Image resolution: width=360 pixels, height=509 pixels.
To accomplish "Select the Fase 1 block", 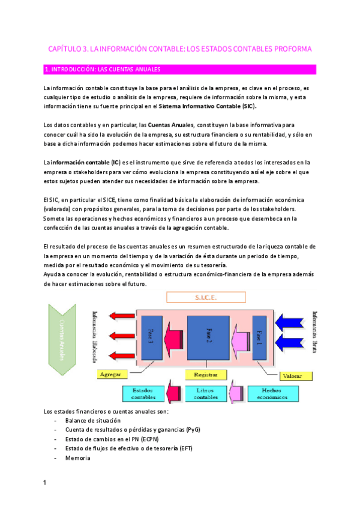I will [259, 336].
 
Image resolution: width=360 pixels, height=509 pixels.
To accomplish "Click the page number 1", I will [45, 482].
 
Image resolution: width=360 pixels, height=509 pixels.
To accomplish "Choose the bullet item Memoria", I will [78, 458].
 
